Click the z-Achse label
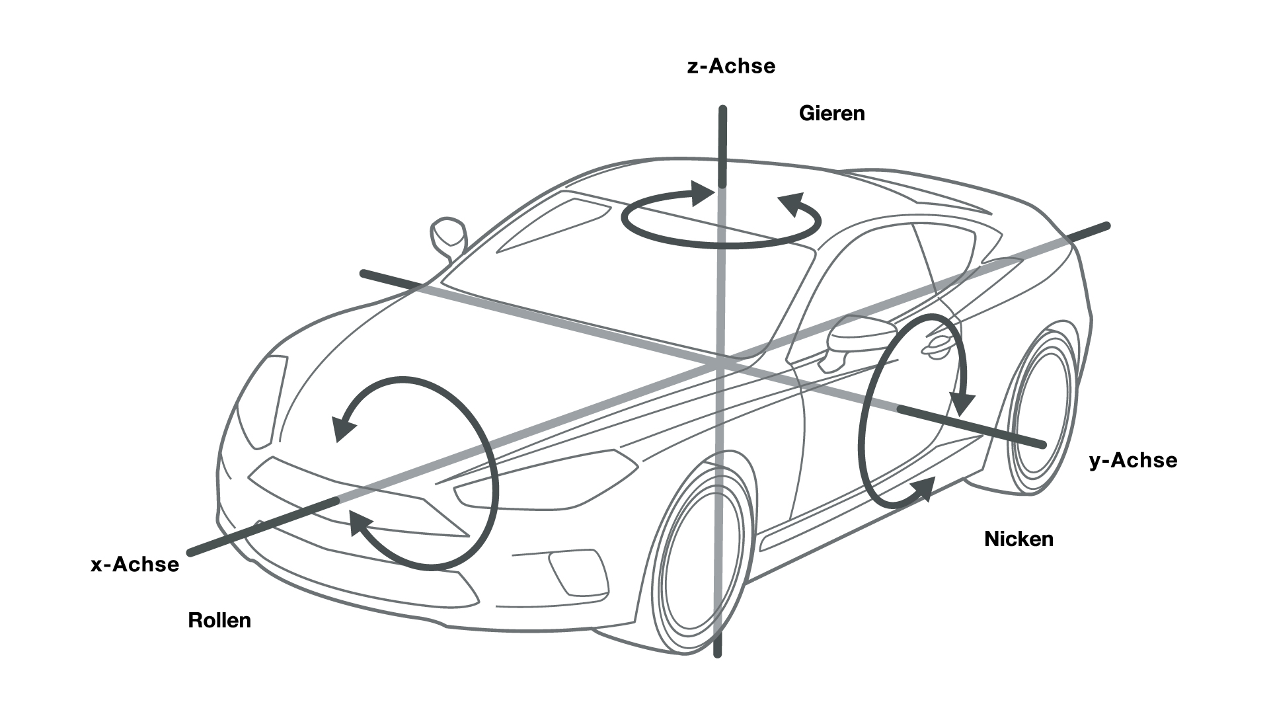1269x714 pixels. pyautogui.click(x=731, y=66)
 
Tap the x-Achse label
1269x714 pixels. pyautogui.click(x=135, y=564)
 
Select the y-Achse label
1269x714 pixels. pyautogui.click(x=1133, y=460)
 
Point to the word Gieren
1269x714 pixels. pyautogui.click(x=831, y=113)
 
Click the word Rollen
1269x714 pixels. pyautogui.click(x=219, y=620)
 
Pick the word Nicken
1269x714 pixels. pyautogui.click(x=1019, y=539)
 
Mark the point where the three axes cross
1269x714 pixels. pyautogui.click(x=721, y=362)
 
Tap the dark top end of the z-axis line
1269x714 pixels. pyautogui.click(x=723, y=110)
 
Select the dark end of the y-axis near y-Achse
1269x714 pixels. pyautogui.click(x=1042, y=444)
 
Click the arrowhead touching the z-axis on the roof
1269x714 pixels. pyautogui.click(x=703, y=192)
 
